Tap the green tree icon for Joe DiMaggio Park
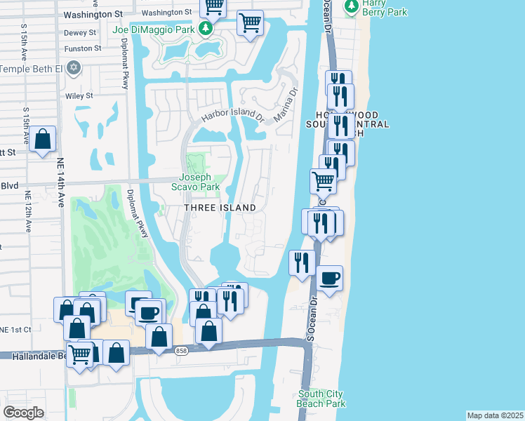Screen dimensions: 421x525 coord(206,29)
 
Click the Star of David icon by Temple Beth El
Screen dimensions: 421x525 coord(74,69)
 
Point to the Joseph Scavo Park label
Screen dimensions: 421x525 coord(200,182)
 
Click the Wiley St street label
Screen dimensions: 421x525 coord(79,95)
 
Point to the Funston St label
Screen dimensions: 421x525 coord(83,48)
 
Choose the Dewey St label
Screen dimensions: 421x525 coord(80,32)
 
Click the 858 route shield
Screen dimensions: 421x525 coord(182,351)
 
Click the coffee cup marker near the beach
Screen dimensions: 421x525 coord(329,279)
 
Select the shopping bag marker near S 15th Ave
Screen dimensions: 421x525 coord(44,139)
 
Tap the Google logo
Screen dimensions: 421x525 coord(23,413)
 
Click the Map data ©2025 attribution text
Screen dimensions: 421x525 coord(495,415)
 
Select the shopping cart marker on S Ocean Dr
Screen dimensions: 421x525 coord(323,181)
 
